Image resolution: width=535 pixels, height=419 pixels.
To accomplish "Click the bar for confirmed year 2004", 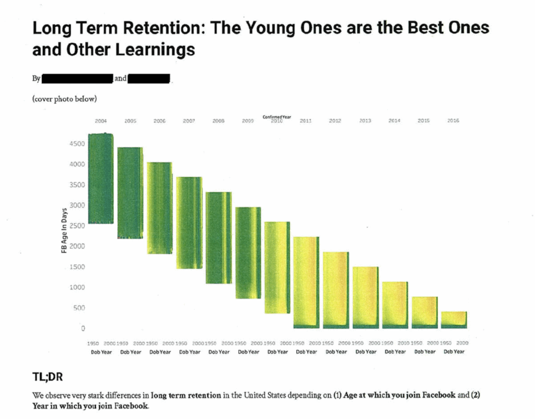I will click(x=100, y=178).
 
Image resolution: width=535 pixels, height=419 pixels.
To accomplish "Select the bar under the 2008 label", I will click(x=218, y=237).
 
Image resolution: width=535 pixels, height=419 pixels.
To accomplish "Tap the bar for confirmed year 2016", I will click(x=453, y=320).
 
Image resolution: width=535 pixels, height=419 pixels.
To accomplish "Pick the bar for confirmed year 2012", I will click(x=335, y=290).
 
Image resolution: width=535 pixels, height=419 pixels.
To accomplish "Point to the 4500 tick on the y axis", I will click(x=76, y=143).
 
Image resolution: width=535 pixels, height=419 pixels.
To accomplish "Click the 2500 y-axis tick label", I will click(x=76, y=225).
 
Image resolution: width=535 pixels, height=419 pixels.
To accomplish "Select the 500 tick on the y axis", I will click(x=78, y=308).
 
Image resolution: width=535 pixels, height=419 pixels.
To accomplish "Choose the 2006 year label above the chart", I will click(x=159, y=121).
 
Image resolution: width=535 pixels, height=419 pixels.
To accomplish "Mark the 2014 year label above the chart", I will click(x=394, y=121).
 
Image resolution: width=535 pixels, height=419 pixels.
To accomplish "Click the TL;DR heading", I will click(x=48, y=378).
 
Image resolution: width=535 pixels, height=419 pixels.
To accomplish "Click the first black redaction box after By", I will click(x=77, y=79).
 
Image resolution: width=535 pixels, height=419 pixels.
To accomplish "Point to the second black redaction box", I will click(x=149, y=79).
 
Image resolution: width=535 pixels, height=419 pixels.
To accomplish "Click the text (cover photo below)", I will click(x=64, y=99).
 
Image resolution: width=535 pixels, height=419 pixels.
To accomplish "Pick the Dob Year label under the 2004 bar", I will click(x=101, y=352).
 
